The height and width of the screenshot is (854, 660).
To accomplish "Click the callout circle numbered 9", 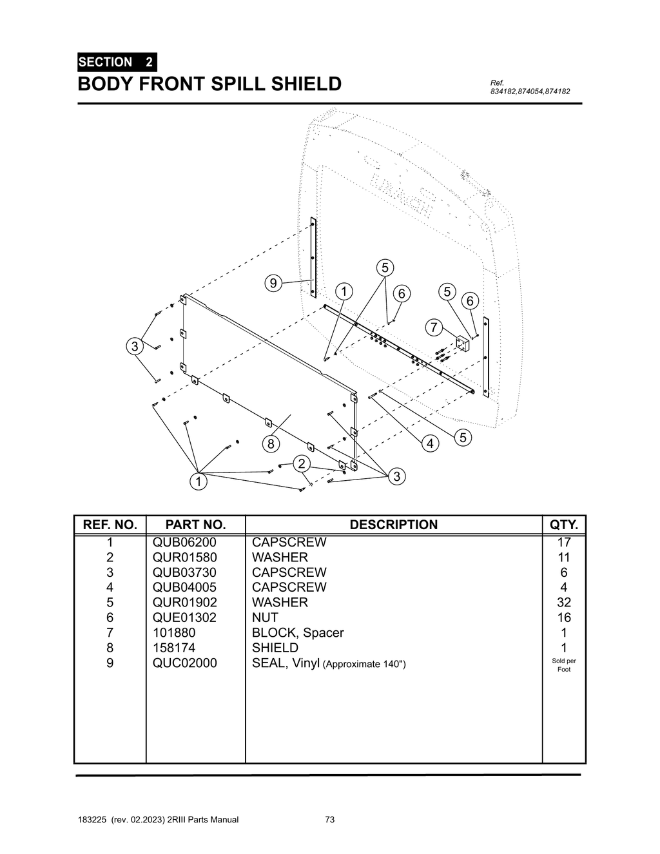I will click(x=273, y=283).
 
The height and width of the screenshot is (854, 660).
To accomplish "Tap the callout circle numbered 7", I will click(x=434, y=327).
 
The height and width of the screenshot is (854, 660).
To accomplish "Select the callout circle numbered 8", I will click(x=271, y=444).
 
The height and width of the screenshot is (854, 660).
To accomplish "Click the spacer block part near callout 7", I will click(x=463, y=343).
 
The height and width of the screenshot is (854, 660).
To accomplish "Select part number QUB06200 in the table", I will click(x=184, y=542).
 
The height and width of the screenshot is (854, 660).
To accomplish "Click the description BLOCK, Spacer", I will click(x=298, y=632).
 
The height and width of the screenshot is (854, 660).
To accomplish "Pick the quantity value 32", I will click(x=563, y=602).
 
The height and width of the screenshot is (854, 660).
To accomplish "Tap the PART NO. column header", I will click(x=195, y=525).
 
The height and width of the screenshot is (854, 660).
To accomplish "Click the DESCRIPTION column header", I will click(x=393, y=525).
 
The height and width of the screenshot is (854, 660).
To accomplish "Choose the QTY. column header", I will click(x=563, y=525).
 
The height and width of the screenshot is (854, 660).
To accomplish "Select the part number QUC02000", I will click(x=184, y=663).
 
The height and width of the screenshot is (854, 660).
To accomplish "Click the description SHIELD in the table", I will click(x=275, y=648).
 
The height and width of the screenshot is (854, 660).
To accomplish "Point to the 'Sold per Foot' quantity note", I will click(x=563, y=665).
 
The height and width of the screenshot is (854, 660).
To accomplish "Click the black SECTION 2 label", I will click(x=116, y=63).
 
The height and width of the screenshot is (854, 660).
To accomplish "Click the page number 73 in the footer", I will click(x=330, y=820).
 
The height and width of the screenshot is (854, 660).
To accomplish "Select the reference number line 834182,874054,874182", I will click(x=530, y=92).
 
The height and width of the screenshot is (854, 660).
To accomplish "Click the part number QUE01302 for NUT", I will click(x=184, y=617).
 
